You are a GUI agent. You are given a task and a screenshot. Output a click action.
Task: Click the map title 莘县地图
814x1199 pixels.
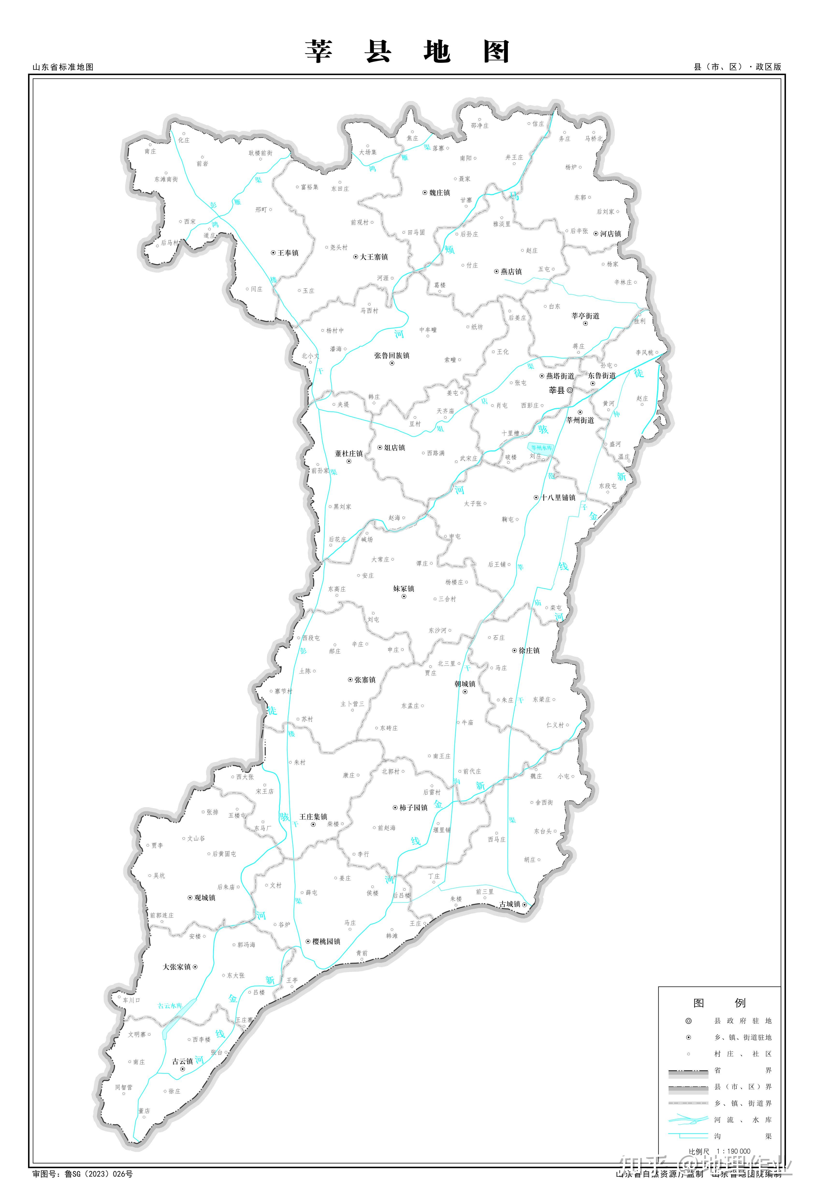coord(407,52)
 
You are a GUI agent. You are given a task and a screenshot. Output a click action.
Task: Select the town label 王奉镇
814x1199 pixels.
coord(288,253)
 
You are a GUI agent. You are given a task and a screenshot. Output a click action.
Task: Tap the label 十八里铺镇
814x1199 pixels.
coord(558,498)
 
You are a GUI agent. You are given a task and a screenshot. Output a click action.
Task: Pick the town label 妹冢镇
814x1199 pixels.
coord(404,589)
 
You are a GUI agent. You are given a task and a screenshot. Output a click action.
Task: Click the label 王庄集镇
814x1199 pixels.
coord(313,817)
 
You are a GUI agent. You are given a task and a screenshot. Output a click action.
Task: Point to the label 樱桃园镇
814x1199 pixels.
coord(326,941)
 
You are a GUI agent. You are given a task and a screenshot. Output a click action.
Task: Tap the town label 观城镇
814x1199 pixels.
coord(204,898)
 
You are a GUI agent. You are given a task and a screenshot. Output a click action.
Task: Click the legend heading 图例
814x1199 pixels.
coord(719,1003)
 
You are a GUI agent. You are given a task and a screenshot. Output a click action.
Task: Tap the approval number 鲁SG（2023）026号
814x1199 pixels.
coord(99,1174)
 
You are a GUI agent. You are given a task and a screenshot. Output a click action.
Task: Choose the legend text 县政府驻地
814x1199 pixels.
coord(742,1020)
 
